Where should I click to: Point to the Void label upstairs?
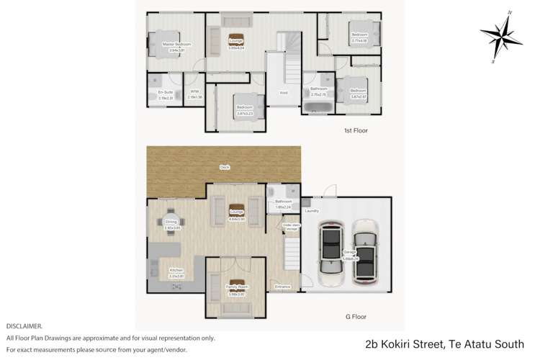pos(283,92)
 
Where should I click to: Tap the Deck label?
pos(225,167)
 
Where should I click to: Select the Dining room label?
pos(171,222)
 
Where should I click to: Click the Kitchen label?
pos(176,271)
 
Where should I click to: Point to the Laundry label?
pos(312,211)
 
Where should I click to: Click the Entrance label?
pos(282,287)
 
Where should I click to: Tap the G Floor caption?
pos(352,315)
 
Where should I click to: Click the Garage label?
pos(349,252)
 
